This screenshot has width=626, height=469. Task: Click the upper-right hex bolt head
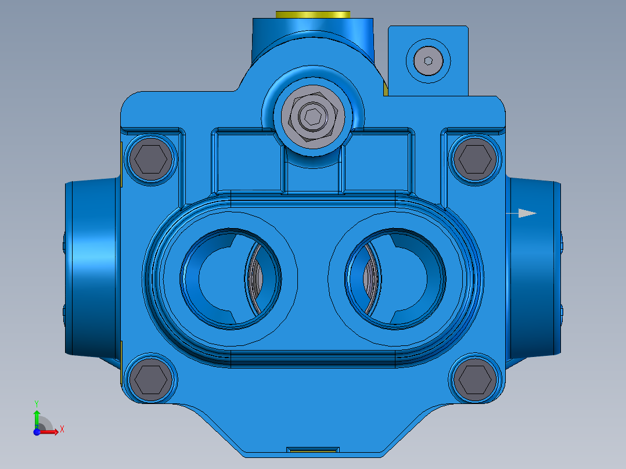click(475, 157)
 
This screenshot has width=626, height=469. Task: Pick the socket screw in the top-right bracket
click(428, 60)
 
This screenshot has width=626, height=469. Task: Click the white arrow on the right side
click(526, 213)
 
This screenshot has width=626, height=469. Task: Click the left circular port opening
click(221, 278)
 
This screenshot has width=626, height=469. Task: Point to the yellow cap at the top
click(314, 14)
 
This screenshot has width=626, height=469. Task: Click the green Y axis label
click(36, 403)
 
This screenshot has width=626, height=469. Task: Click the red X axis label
click(62, 430)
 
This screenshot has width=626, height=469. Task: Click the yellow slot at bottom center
click(313, 449)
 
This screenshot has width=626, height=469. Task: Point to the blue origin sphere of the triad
click(37, 431)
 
